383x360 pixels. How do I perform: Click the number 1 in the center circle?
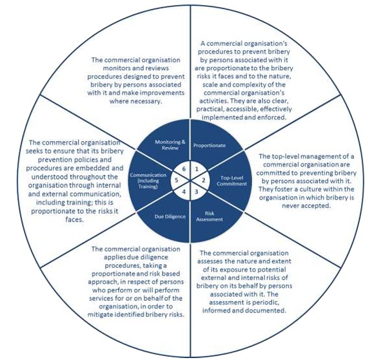click(197, 169)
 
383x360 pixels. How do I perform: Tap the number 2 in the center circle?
click(204, 180)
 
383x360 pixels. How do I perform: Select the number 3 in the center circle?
click(197, 192)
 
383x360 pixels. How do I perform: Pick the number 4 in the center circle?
click(184, 192)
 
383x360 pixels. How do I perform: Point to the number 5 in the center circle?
click(177, 180)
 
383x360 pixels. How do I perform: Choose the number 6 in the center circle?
click(184, 169)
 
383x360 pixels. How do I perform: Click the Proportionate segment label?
click(210, 146)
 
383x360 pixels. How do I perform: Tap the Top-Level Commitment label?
click(231, 181)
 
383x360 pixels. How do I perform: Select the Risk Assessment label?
click(210, 216)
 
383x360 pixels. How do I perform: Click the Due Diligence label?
click(170, 216)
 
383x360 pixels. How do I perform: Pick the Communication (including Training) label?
click(148, 181)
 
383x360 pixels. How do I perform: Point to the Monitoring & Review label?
click(170, 145)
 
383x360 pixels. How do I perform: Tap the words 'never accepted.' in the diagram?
click(306, 205)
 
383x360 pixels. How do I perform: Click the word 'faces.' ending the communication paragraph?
click(75, 220)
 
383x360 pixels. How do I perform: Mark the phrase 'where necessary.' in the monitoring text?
click(136, 101)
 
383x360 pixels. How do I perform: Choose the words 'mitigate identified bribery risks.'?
click(136, 315)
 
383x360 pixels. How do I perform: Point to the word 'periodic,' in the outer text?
click(265, 303)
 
